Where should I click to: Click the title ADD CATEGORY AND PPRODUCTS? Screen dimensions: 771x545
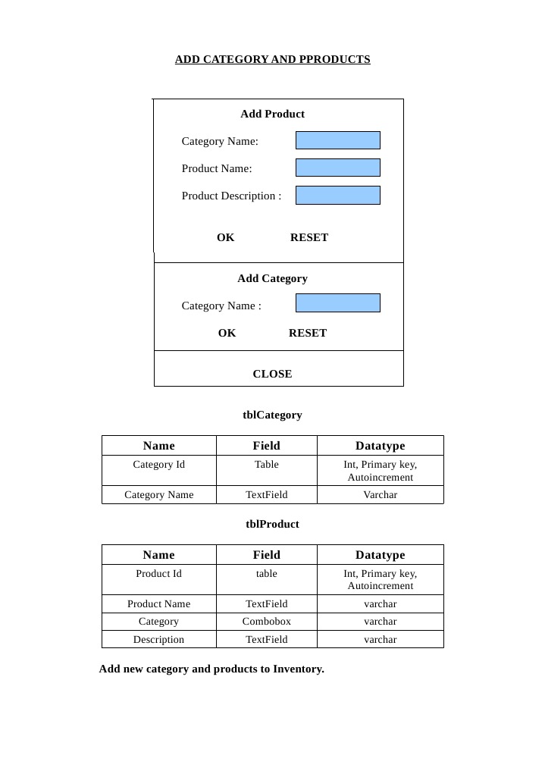pos(272,59)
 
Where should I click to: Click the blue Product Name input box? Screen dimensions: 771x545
pos(337,168)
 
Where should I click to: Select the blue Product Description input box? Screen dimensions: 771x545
pos(337,195)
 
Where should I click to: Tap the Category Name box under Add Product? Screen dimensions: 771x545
pos(337,140)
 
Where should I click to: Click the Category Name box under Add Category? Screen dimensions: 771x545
pos(337,303)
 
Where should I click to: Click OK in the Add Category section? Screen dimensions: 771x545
pos(227,333)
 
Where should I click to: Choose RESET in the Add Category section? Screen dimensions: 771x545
pos(308,333)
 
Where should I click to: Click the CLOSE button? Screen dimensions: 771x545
pos(272,374)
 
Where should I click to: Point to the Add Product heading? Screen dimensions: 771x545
pos(272,114)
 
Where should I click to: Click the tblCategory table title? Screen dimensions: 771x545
pos(272,415)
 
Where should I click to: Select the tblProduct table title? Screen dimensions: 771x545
pos(272,524)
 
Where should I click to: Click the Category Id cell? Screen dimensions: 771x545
pos(158,465)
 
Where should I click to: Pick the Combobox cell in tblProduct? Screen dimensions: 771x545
pos(266,622)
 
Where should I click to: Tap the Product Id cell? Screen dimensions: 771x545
pos(158,574)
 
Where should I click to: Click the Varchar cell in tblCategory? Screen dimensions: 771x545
pos(380,495)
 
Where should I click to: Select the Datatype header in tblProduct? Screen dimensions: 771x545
pos(380,555)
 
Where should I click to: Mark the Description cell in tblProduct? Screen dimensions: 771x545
pos(158,640)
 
